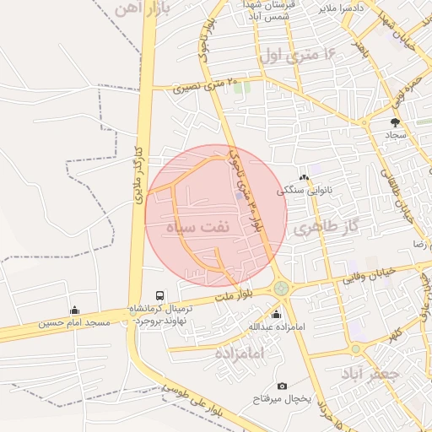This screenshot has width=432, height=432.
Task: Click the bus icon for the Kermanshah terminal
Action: (x=160, y=294)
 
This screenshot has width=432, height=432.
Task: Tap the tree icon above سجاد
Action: (x=395, y=123)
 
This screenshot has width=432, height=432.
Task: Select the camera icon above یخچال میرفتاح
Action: (x=282, y=386)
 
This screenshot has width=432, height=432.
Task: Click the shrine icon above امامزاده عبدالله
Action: (x=276, y=315)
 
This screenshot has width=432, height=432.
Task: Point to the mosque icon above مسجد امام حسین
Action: (x=74, y=310)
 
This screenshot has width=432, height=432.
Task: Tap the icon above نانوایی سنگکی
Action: (x=304, y=178)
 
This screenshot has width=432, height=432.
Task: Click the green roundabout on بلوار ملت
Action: (x=281, y=289)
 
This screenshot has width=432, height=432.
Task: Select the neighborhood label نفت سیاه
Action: (x=194, y=228)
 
